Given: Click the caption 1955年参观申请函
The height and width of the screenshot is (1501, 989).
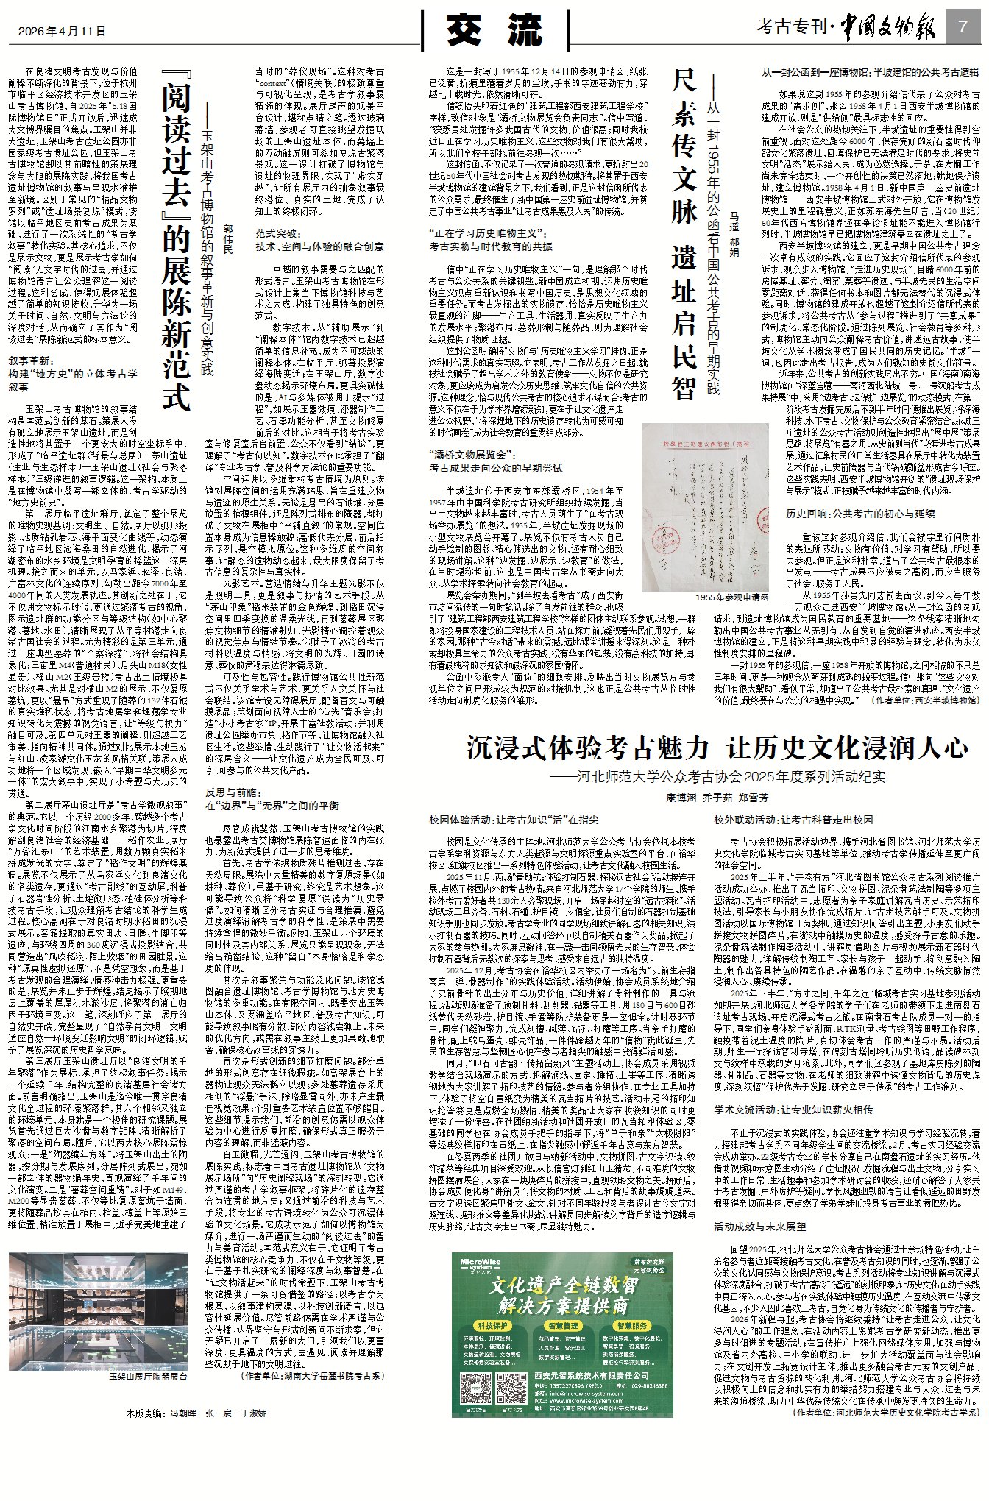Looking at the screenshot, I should coord(731,597).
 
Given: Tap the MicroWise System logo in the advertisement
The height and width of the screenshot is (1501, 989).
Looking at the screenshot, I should coord(481,1264).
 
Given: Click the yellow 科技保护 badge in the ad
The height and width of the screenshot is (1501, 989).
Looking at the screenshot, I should coord(493,1326).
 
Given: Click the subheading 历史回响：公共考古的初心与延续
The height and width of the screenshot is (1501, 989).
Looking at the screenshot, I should coord(860,514).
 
